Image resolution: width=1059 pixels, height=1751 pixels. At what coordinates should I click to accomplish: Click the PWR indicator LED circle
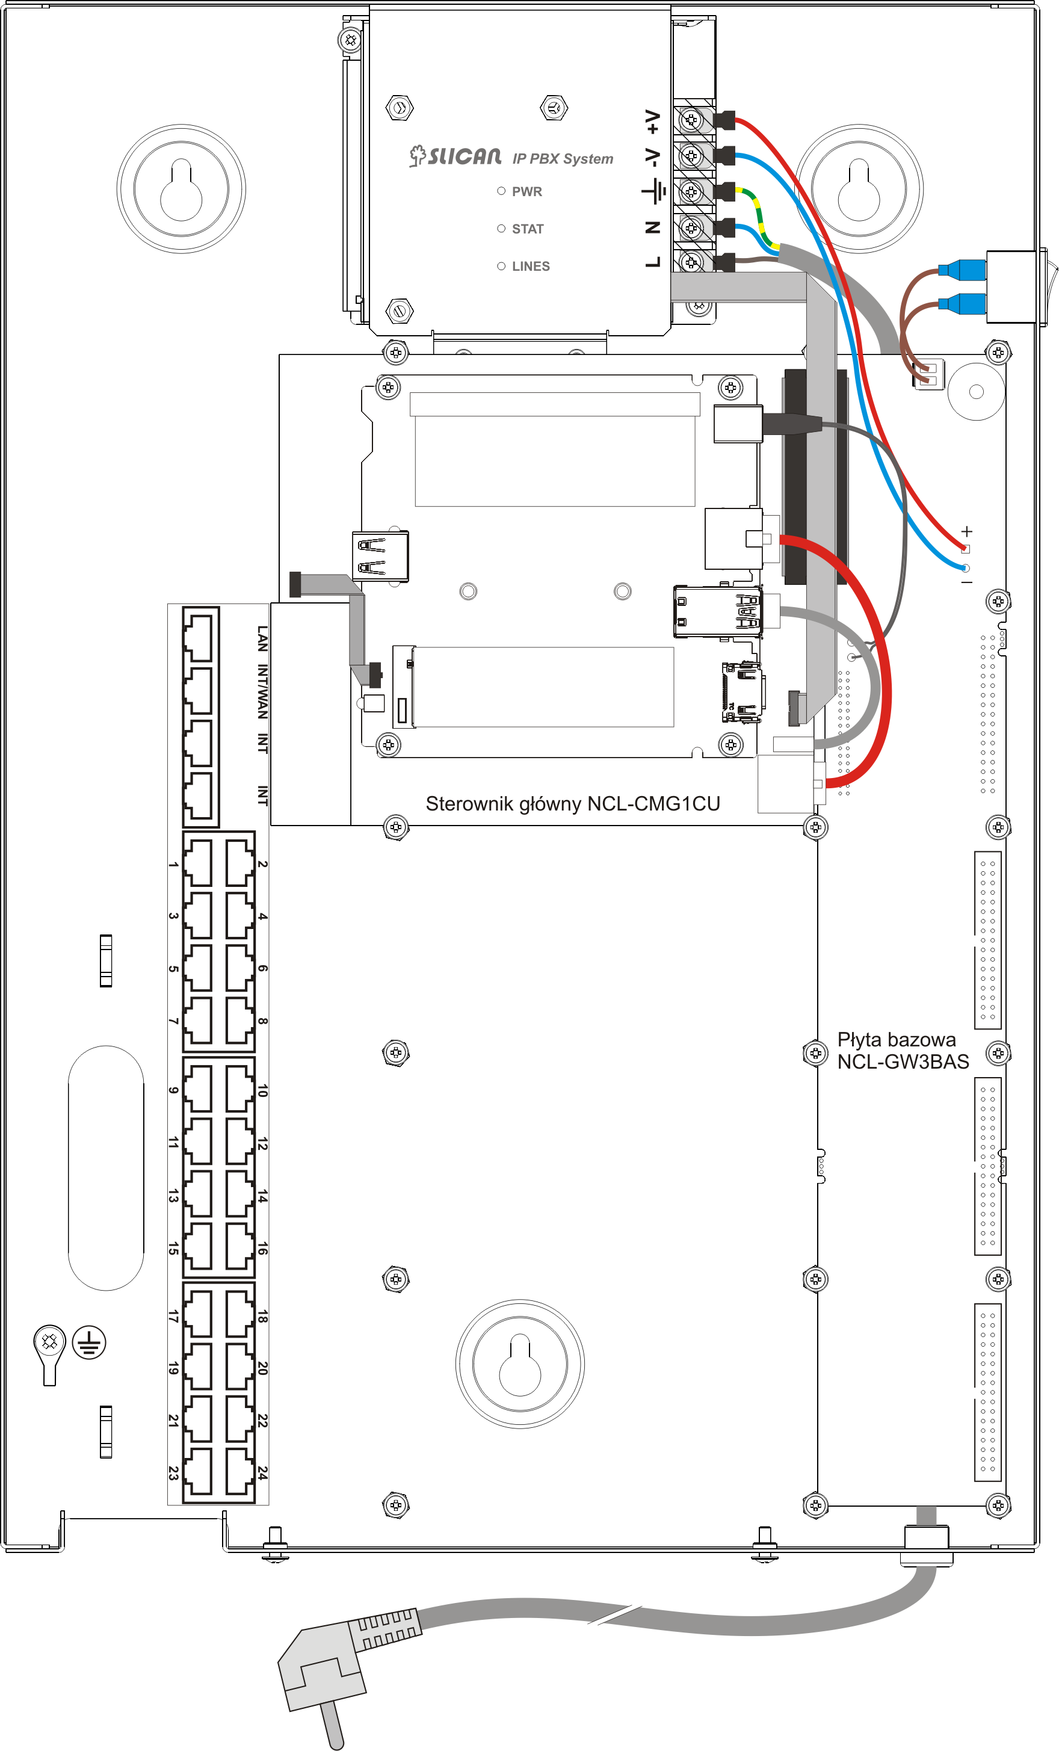[501, 191]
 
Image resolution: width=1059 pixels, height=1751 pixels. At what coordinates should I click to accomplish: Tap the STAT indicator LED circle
[501, 229]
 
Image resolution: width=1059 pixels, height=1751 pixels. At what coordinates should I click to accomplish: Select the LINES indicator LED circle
[501, 266]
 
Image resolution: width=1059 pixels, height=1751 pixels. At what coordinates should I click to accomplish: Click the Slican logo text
[455, 156]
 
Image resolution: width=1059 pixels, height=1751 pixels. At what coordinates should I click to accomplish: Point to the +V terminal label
[652, 122]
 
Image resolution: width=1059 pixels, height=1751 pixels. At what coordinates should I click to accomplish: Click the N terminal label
[652, 227]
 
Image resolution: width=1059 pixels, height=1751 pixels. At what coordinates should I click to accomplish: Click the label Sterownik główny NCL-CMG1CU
[573, 804]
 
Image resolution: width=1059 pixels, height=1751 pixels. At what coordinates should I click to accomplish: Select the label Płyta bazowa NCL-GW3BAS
[903, 1051]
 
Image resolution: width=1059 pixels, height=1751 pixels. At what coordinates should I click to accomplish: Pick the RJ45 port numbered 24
[240, 1471]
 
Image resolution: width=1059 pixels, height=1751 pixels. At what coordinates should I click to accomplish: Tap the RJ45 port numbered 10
[240, 1088]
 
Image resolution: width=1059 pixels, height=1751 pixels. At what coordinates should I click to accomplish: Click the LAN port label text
[262, 639]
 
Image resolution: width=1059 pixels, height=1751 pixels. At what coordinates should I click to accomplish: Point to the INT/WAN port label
[262, 691]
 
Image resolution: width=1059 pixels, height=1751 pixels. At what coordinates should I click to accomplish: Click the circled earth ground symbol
[89, 1342]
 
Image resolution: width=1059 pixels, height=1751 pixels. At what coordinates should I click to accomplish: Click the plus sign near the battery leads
[966, 531]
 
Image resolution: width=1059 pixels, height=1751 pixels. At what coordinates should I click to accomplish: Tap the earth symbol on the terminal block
[654, 191]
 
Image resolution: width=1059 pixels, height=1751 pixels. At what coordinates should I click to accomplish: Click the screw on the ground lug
[50, 1342]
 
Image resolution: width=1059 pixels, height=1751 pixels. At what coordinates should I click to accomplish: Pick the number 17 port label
[173, 1316]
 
